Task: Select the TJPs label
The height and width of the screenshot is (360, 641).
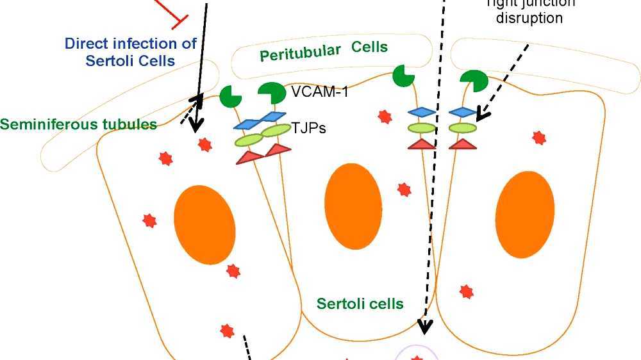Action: pos(309,128)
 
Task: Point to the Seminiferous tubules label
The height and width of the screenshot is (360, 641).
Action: pos(79,124)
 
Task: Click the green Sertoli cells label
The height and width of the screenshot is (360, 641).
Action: pos(360,303)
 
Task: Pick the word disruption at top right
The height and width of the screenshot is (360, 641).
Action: pos(529,18)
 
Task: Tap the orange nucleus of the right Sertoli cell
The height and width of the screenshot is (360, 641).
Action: pos(525,214)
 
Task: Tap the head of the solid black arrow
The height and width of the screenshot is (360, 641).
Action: pos(195,123)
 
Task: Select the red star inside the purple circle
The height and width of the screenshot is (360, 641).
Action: pos(417,356)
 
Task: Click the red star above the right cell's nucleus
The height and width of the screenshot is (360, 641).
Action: pos(539,137)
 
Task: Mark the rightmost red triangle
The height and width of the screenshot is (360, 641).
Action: pos(462,144)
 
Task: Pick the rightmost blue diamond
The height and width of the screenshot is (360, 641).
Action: pos(462,111)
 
